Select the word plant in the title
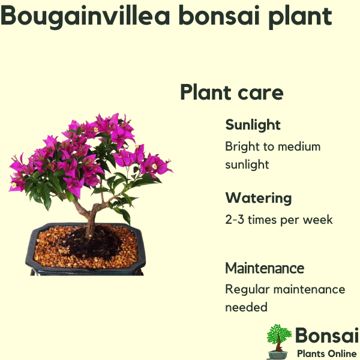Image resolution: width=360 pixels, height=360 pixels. pos(301,17)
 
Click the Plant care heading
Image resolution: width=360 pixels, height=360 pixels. pos(232,92)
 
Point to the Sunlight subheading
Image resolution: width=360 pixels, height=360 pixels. pos(253,125)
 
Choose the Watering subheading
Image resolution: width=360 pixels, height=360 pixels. pos(259,198)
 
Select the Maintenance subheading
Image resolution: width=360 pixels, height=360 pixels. pos(265,268)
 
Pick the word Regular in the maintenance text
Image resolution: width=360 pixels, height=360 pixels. pos(247,290)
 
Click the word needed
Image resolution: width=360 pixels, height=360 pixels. pos(247,307)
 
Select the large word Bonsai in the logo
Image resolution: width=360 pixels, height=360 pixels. pos(327,335)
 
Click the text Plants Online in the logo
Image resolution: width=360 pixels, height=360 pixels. pos(327,353)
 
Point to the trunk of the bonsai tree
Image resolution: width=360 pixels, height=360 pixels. pos(90,220)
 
